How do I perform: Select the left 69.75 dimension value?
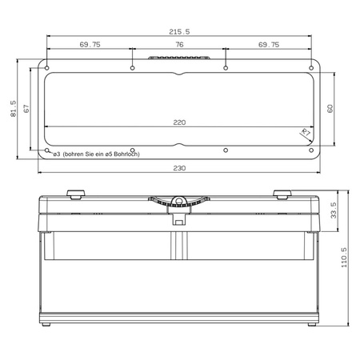[x=90, y=46]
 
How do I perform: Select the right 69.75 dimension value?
[x=269, y=46]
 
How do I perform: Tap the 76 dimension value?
[x=179, y=46]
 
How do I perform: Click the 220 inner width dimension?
[x=179, y=122]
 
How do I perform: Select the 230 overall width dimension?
[x=179, y=167]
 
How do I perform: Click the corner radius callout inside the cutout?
[x=305, y=134]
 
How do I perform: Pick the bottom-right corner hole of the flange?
[x=310, y=150]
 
